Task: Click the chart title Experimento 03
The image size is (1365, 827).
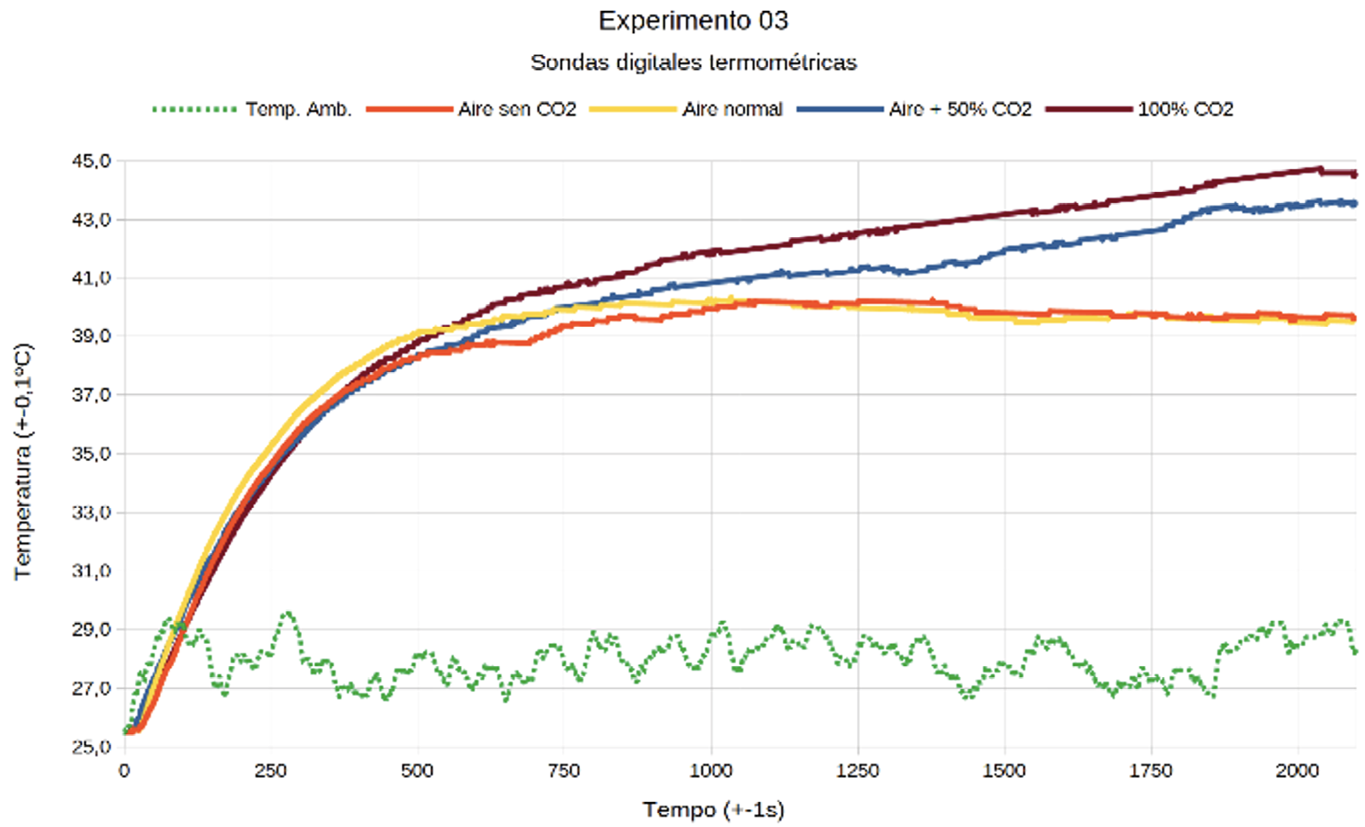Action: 693,21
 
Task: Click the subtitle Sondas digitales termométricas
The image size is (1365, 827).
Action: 693,62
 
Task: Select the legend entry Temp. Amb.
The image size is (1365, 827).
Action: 298,109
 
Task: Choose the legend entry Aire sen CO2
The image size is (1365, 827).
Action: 517,109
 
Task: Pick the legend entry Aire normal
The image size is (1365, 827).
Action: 731,109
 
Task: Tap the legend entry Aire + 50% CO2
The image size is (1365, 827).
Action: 959,109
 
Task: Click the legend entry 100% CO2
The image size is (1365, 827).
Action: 1185,109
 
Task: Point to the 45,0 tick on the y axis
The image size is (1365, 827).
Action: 92,161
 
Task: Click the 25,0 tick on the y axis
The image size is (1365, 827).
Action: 92,747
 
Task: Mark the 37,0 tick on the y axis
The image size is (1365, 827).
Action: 92,395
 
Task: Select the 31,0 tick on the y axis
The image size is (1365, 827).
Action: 92,571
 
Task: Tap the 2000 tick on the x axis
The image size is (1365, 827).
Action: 1297,771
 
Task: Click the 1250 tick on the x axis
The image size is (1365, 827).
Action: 858,771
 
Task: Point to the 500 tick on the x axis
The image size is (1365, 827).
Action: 418,771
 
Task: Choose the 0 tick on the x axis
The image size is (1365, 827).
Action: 125,771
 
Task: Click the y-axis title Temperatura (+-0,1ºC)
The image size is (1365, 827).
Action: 23,460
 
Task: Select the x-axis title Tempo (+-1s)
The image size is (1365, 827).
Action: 713,810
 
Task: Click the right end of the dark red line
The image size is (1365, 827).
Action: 1355,174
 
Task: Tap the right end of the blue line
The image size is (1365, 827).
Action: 1355,204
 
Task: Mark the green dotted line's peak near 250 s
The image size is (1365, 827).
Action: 289,614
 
